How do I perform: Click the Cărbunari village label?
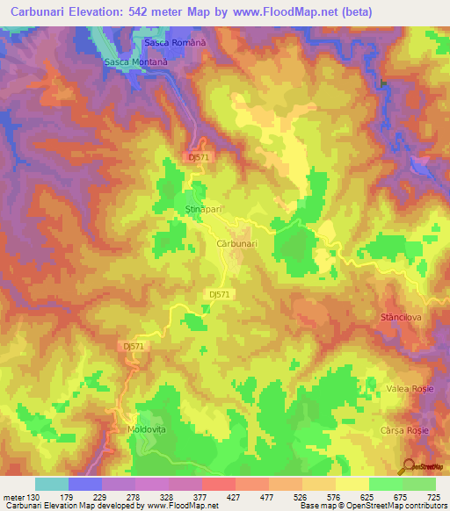coord(236,245)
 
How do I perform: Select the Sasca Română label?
coord(174,43)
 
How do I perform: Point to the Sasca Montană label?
coord(135,63)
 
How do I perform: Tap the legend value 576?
coord(337,498)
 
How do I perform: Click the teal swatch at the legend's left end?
coord(52,484)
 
